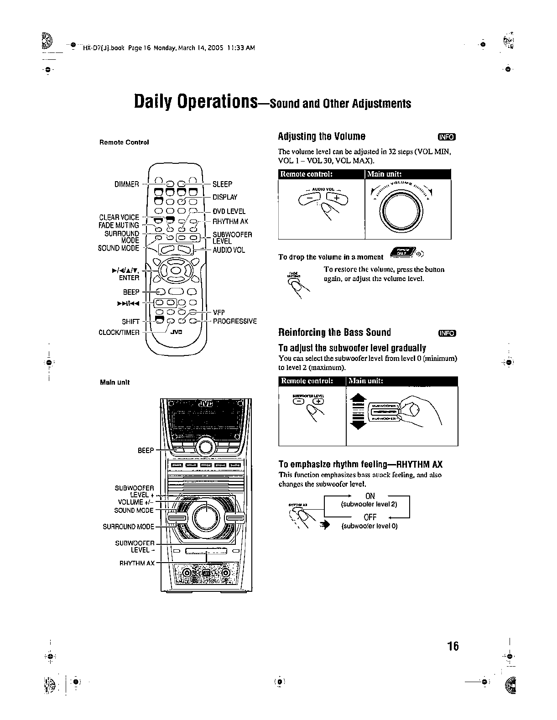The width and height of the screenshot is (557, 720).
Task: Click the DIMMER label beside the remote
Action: pyautogui.click(x=126, y=184)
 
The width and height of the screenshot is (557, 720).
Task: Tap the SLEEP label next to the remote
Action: pyautogui.click(x=223, y=184)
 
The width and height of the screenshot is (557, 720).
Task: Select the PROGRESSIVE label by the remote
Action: pyautogui.click(x=235, y=321)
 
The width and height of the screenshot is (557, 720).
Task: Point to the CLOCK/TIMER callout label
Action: pyautogui.click(x=119, y=333)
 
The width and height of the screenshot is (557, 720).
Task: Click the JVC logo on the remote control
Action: pyautogui.click(x=176, y=332)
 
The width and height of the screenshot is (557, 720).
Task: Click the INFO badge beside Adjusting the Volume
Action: pyautogui.click(x=447, y=137)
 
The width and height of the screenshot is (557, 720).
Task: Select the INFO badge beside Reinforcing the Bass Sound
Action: pyautogui.click(x=447, y=333)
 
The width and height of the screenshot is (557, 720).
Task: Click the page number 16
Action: pyautogui.click(x=453, y=646)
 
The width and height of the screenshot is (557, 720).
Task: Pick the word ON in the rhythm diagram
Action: pyautogui.click(x=370, y=496)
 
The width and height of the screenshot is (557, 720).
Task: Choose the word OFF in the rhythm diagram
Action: pyautogui.click(x=370, y=517)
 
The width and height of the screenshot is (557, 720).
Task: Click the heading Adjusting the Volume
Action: pyautogui.click(x=322, y=136)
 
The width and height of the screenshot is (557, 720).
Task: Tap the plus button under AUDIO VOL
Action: pyautogui.click(x=337, y=198)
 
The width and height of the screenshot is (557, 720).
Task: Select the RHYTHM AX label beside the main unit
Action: pyautogui.click(x=137, y=563)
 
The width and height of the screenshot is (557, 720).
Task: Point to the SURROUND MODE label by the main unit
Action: pyautogui.click(x=128, y=527)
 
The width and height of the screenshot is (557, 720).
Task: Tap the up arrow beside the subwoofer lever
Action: pyautogui.click(x=358, y=397)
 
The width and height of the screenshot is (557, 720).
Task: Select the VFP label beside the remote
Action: pyautogui.click(x=219, y=313)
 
